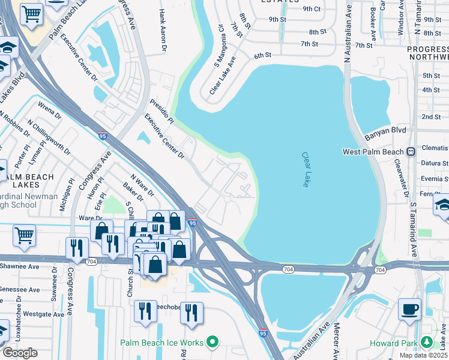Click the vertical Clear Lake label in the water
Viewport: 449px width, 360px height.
point(306,169)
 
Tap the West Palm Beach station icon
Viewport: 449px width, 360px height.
point(411,152)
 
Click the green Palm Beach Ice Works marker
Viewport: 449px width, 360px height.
point(211,343)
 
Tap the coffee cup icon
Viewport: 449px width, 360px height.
point(410,309)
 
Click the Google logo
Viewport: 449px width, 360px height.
point(20,353)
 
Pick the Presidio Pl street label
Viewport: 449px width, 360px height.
point(161,112)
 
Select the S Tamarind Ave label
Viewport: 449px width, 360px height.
point(413,226)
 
